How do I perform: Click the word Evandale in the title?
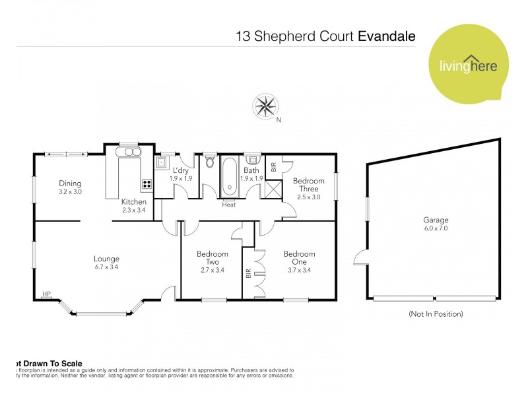pos(386,36)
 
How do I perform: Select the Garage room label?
pos(436,224)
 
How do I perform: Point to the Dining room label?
pos(70,187)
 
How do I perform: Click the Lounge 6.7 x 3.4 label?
pos(106,263)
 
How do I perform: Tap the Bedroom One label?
pos(299,257)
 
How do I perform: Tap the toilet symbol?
pos(210,162)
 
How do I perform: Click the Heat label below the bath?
pos(229,205)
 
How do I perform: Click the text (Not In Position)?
pos(436,313)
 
